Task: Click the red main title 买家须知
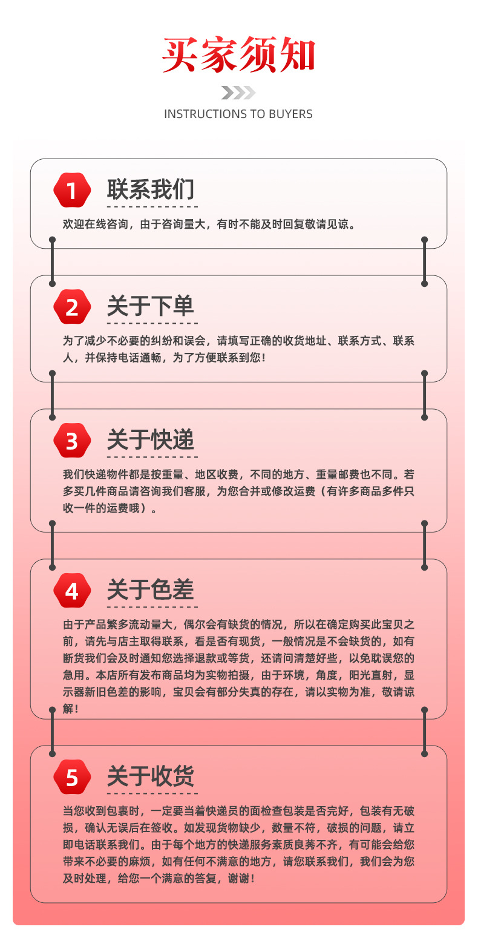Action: click(238, 56)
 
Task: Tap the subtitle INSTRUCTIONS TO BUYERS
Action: click(238, 114)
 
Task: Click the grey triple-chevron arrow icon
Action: click(238, 93)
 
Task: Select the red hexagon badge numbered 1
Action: click(72, 191)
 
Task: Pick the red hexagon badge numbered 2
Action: click(72, 307)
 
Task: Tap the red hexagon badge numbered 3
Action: click(72, 441)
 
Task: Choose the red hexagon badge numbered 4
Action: click(72, 591)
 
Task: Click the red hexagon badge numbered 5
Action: click(72, 777)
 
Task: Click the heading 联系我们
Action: click(151, 189)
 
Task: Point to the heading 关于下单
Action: click(151, 306)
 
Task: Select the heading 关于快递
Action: click(151, 439)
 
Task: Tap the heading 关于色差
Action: click(151, 589)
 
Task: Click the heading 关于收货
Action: click(151, 776)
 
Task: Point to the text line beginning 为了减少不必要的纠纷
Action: click(238, 341)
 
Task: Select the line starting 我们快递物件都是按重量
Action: click(238, 474)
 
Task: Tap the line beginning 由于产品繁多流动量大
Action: click(238, 624)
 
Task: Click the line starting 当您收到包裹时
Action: click(238, 810)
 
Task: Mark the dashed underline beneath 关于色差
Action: click(152, 606)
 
